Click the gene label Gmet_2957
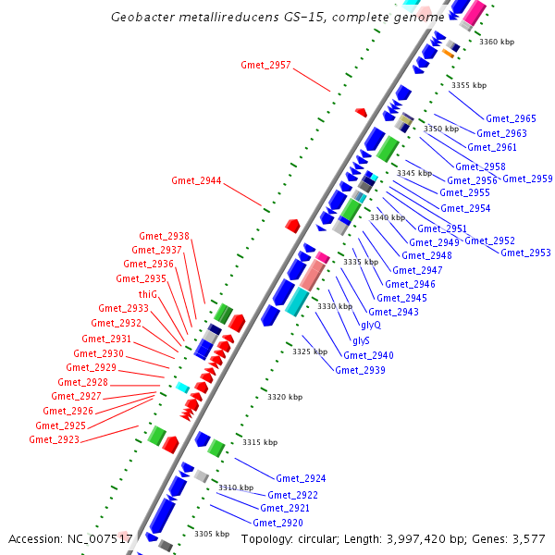click(265, 65)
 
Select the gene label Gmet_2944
click(196, 180)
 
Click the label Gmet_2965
click(511, 118)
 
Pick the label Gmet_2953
click(525, 253)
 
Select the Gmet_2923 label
click(54, 439)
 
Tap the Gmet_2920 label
click(278, 523)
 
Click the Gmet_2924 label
click(301, 478)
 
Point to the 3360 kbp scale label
click(497, 42)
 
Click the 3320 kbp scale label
click(285, 397)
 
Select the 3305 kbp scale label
click(212, 534)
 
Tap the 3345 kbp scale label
click(414, 173)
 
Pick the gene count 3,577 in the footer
click(526, 538)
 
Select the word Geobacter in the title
click(143, 18)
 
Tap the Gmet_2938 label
click(164, 236)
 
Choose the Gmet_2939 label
click(360, 370)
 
